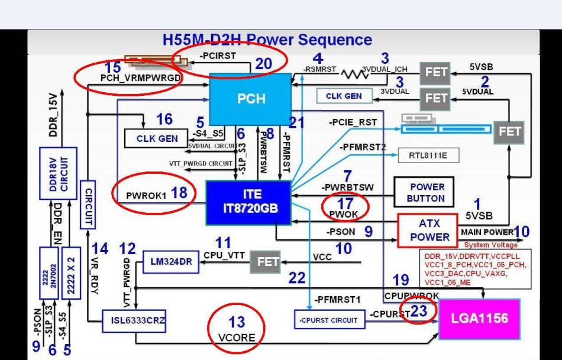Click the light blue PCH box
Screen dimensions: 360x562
tap(251, 99)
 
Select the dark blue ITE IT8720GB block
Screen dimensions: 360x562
tap(248, 202)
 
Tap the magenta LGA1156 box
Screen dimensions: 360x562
tap(479, 319)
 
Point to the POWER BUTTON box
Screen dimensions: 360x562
tap(427, 192)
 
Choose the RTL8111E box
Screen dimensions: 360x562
tap(428, 156)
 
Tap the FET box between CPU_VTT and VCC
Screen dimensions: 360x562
tap(268, 262)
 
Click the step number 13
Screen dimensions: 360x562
tap(237, 322)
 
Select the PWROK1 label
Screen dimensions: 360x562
tap(146, 194)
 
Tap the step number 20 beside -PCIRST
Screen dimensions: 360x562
tap(264, 64)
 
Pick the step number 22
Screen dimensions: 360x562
tap(297, 278)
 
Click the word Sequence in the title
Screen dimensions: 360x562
tap(335, 40)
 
